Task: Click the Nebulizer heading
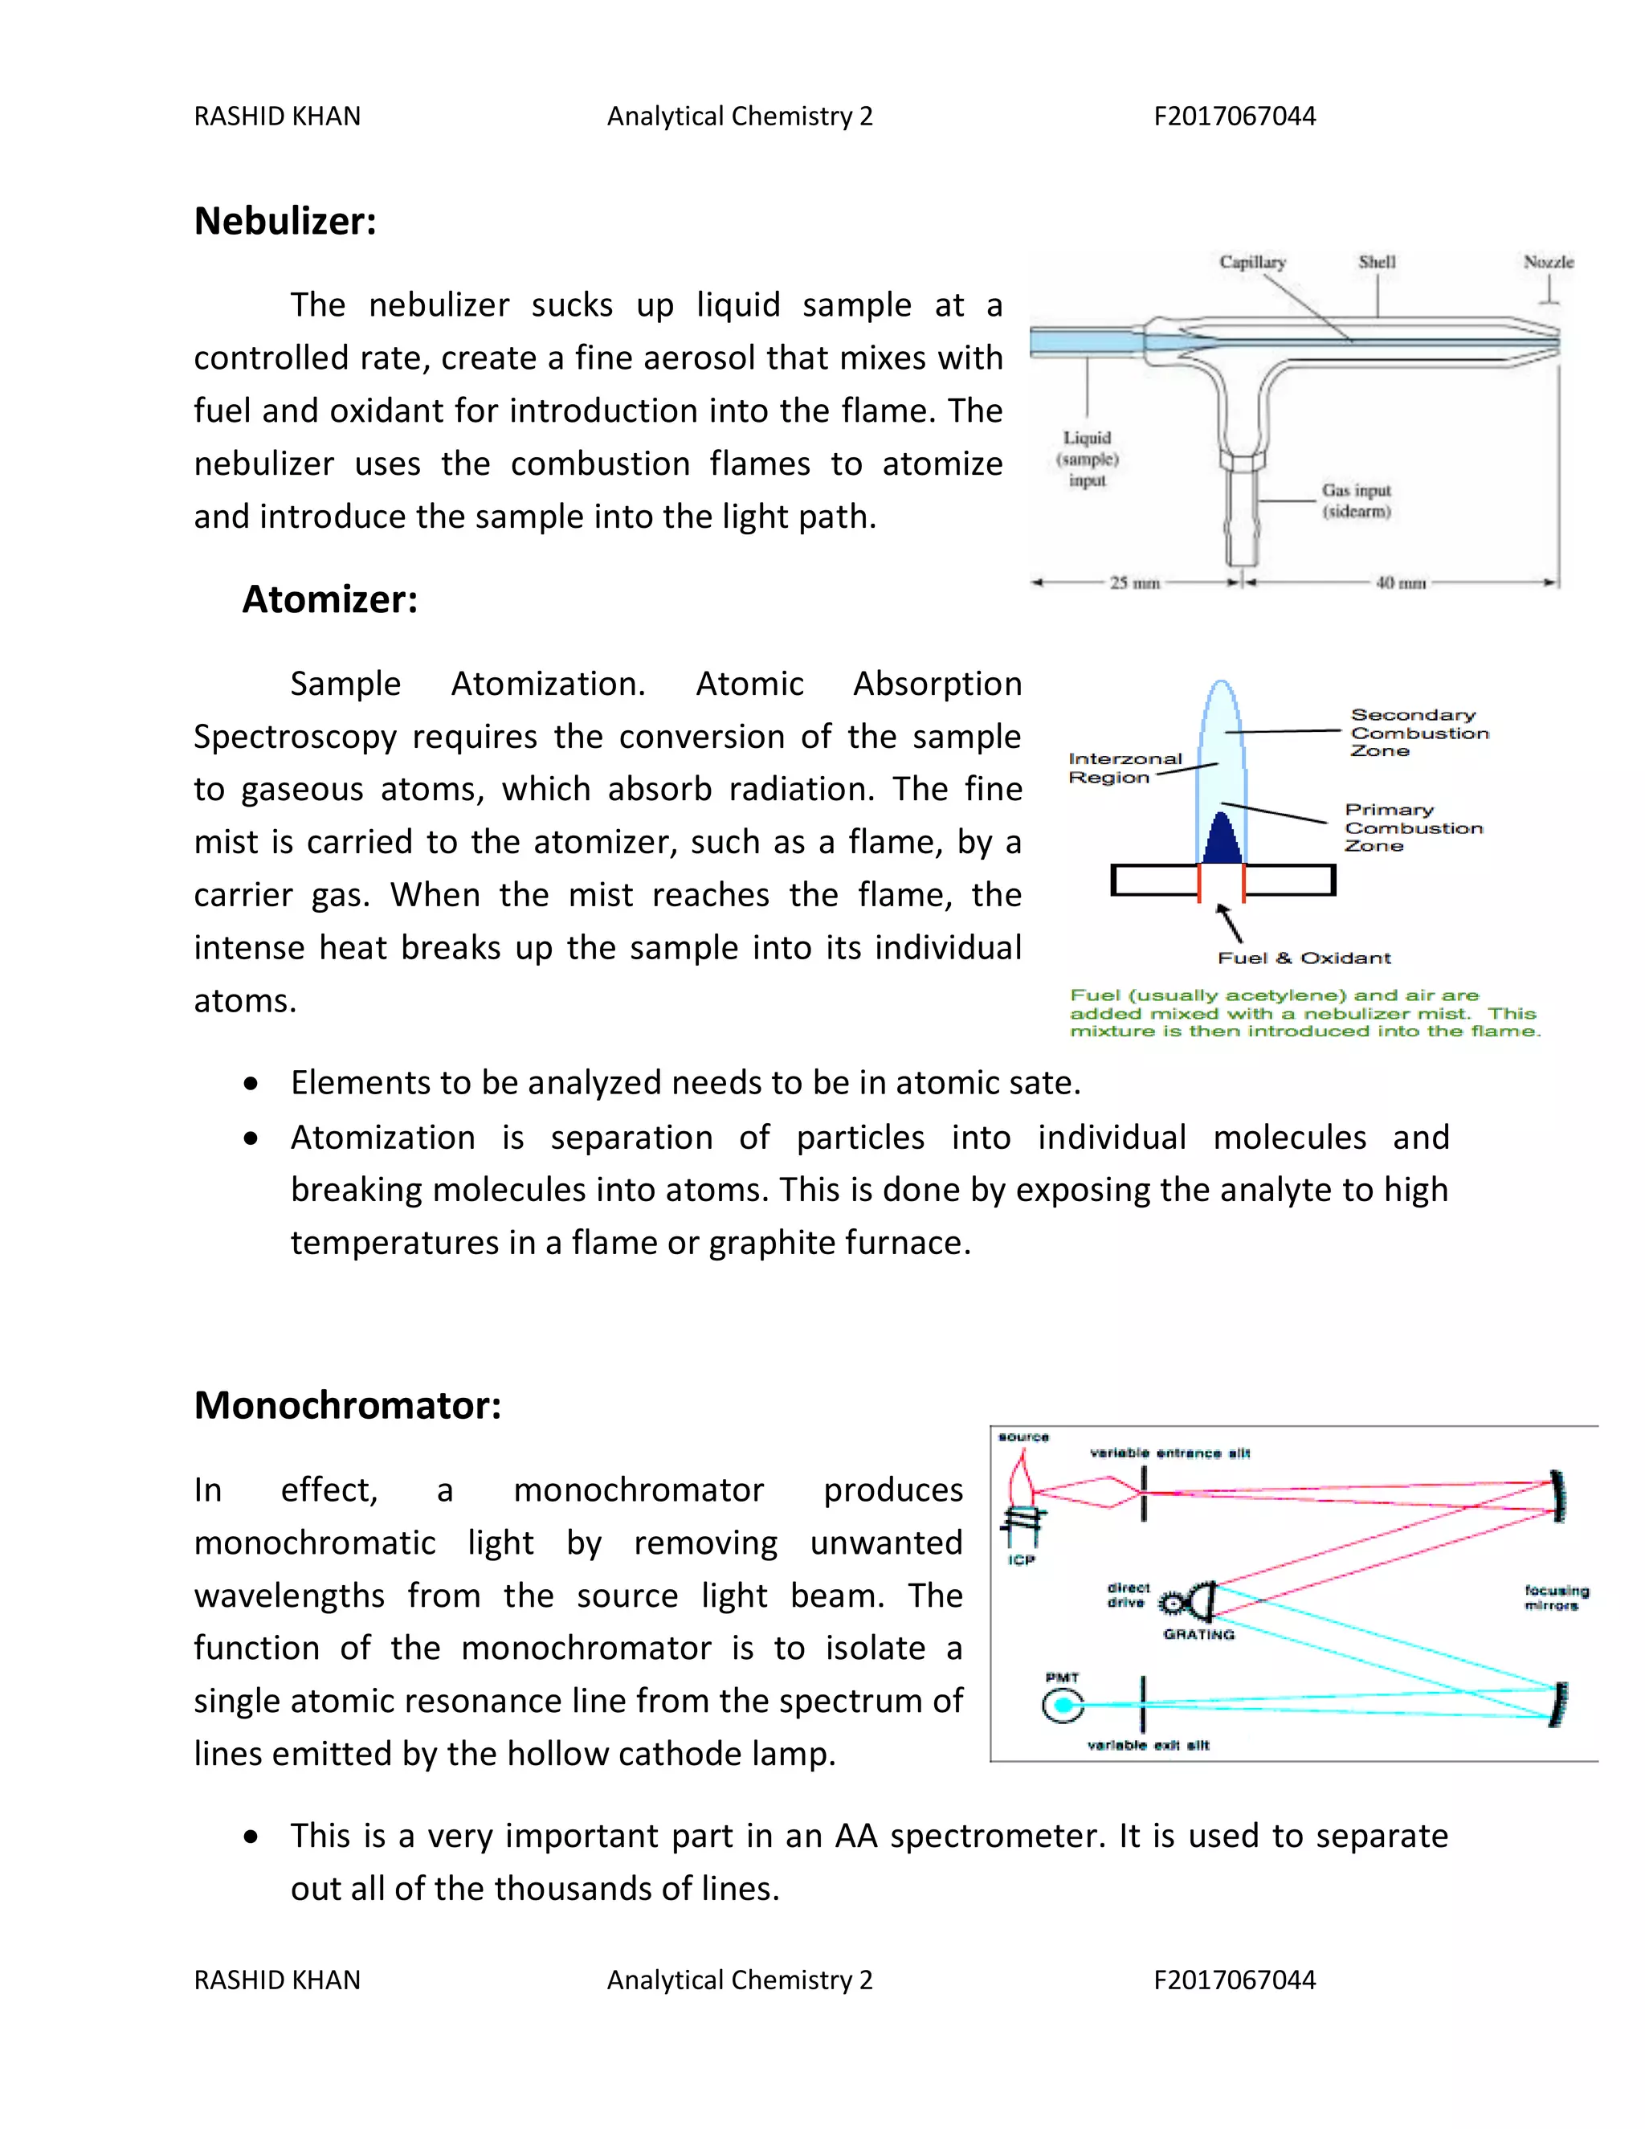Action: (284, 221)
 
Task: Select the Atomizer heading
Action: (329, 599)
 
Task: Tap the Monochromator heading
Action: (347, 1406)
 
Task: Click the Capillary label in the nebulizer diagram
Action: (1252, 262)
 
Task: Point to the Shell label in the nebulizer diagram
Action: (1377, 262)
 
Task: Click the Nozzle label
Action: (1548, 262)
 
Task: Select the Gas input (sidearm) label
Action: (1356, 500)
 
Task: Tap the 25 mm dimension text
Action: (1134, 583)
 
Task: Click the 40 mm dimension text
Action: (1400, 583)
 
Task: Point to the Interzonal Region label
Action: (1125, 768)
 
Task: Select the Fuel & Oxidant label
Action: (1304, 958)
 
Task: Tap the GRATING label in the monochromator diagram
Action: (1198, 1635)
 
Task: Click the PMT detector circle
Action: (1062, 1705)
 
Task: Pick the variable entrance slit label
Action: (1169, 1453)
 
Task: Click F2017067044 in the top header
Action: (1234, 116)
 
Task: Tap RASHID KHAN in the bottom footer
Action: (277, 1980)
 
